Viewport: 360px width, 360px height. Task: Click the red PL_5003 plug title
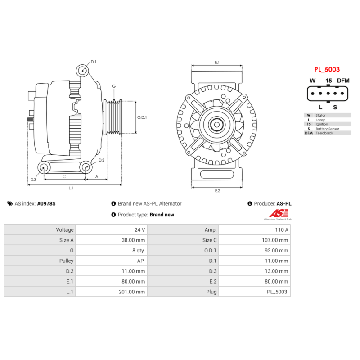(x=327, y=70)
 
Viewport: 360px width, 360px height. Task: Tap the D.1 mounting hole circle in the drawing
(x=82, y=70)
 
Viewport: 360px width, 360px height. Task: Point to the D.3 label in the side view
(x=33, y=180)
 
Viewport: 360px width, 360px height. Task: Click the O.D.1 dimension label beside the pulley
(x=142, y=117)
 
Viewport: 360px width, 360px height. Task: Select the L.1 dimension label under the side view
(x=71, y=188)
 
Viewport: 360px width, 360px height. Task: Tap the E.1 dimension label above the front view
(x=217, y=62)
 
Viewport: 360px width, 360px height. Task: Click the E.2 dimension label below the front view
(x=217, y=191)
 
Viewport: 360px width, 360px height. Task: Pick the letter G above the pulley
(x=114, y=86)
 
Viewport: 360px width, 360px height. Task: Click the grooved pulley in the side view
(x=113, y=117)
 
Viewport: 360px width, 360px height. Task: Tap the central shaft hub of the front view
(x=217, y=124)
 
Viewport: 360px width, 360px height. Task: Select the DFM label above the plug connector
(x=343, y=81)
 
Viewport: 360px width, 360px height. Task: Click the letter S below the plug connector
(x=335, y=107)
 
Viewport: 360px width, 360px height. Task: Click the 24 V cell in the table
(x=140, y=229)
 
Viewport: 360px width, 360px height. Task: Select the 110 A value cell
(x=282, y=229)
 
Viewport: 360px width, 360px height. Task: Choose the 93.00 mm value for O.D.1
(x=276, y=250)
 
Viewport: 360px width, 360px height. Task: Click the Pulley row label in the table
(x=66, y=261)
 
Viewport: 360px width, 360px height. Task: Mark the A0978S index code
(x=46, y=204)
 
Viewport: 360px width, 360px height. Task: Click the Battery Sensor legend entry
(x=327, y=129)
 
